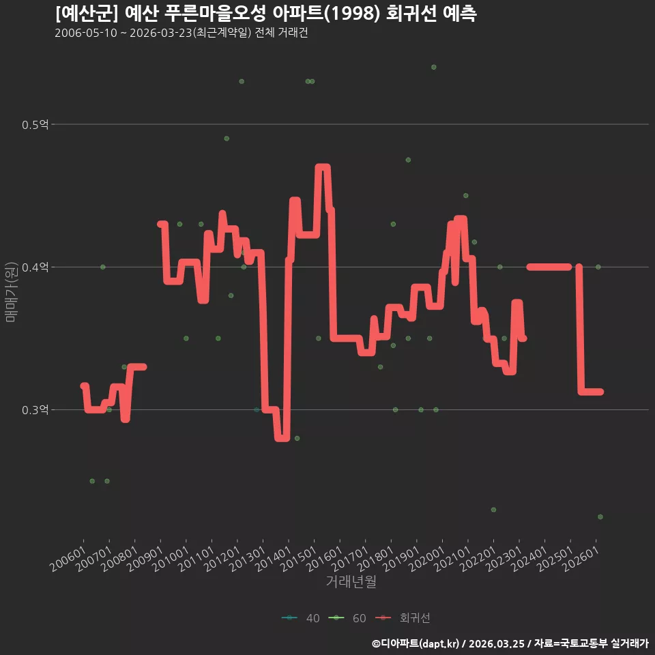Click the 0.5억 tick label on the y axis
tap(35, 124)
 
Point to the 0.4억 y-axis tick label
tap(35, 267)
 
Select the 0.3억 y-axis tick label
tap(35, 410)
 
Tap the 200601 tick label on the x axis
tap(68, 559)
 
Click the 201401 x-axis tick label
tap(273, 559)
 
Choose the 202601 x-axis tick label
tap(581, 559)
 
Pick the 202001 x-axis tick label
tap(427, 559)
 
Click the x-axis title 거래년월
tap(351, 581)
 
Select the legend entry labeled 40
tap(301, 618)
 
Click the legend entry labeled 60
tap(347, 618)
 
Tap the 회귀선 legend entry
tap(403, 618)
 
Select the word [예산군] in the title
tap(87, 14)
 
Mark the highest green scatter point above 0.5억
tap(434, 68)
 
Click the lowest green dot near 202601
tap(600, 516)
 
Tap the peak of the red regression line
tap(323, 167)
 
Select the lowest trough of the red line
tap(282, 438)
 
